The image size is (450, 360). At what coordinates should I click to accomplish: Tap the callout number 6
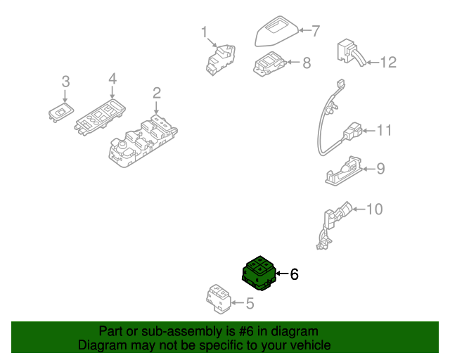pos(295,274)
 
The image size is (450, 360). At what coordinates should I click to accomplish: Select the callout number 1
pos(205,32)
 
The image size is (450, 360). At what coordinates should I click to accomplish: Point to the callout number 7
pos(316,31)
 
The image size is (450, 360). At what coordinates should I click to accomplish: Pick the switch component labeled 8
pos(270,65)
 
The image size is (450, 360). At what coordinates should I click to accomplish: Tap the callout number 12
pos(388,63)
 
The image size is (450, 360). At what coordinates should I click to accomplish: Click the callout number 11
pos(384,130)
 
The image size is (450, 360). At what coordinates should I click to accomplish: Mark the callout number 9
pos(380,168)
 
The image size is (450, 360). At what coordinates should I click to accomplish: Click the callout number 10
pos(375,209)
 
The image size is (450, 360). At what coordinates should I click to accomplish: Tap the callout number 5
pos(248,304)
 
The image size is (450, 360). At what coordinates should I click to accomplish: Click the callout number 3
pos(65,82)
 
